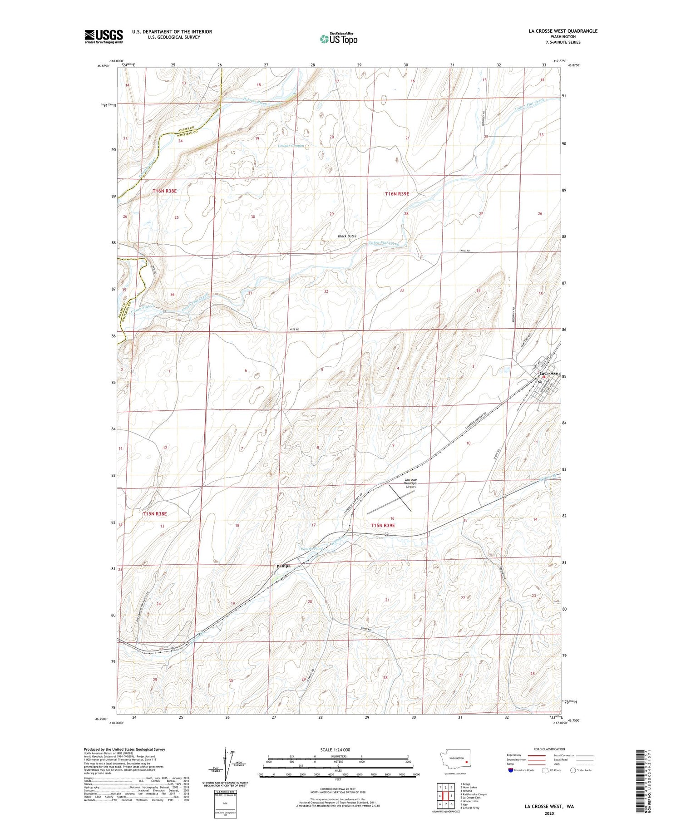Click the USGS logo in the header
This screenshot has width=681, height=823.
[104, 36]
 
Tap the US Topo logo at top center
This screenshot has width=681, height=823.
[339, 39]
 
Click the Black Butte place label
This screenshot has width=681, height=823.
[347, 236]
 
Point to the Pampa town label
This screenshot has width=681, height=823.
[283, 566]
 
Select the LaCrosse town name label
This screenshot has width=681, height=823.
[548, 373]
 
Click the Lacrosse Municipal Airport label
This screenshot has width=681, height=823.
[410, 483]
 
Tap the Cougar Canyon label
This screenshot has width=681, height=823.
[291, 146]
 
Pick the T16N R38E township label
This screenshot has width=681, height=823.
[164, 191]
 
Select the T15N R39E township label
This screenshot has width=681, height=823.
[383, 525]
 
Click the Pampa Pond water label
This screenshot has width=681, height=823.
[311, 549]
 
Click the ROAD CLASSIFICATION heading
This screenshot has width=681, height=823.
[549, 749]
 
